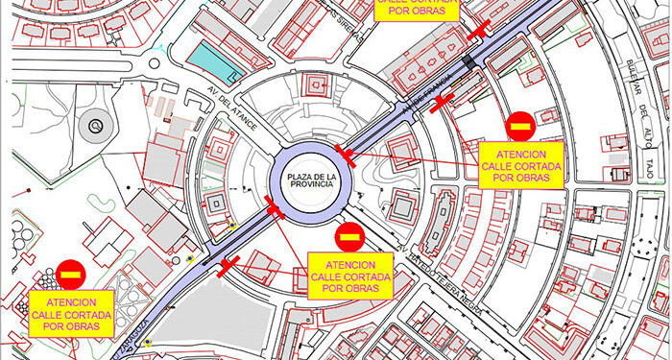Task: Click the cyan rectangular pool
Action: pos(211,62)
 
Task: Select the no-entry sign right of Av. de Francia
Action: pos(520,125)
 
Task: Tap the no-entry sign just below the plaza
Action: pos(348,236)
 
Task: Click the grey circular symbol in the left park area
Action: pos(94,125)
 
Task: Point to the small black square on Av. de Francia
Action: pos(467,62)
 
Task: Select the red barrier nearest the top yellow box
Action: pos(480,30)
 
